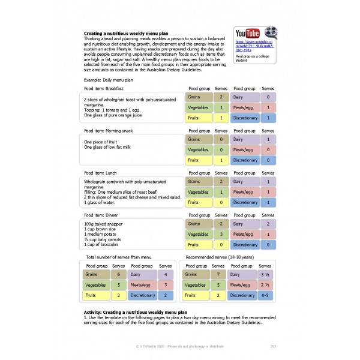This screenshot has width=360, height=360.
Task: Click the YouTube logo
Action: tap(248, 33)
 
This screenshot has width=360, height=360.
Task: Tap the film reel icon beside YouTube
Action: tap(271, 34)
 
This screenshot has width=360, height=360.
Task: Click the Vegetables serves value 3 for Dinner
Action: tap(221, 235)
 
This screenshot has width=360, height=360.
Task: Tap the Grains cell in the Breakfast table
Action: tap(199, 97)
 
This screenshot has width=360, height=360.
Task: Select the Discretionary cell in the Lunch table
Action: tap(245, 203)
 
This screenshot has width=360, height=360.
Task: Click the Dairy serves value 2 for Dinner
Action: tap(267, 224)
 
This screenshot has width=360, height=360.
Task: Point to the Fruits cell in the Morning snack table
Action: tap(199, 160)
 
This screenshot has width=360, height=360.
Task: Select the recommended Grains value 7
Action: tap(219, 274)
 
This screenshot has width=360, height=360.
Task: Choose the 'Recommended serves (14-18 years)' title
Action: tap(218, 257)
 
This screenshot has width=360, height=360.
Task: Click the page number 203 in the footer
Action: tap(274, 346)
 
